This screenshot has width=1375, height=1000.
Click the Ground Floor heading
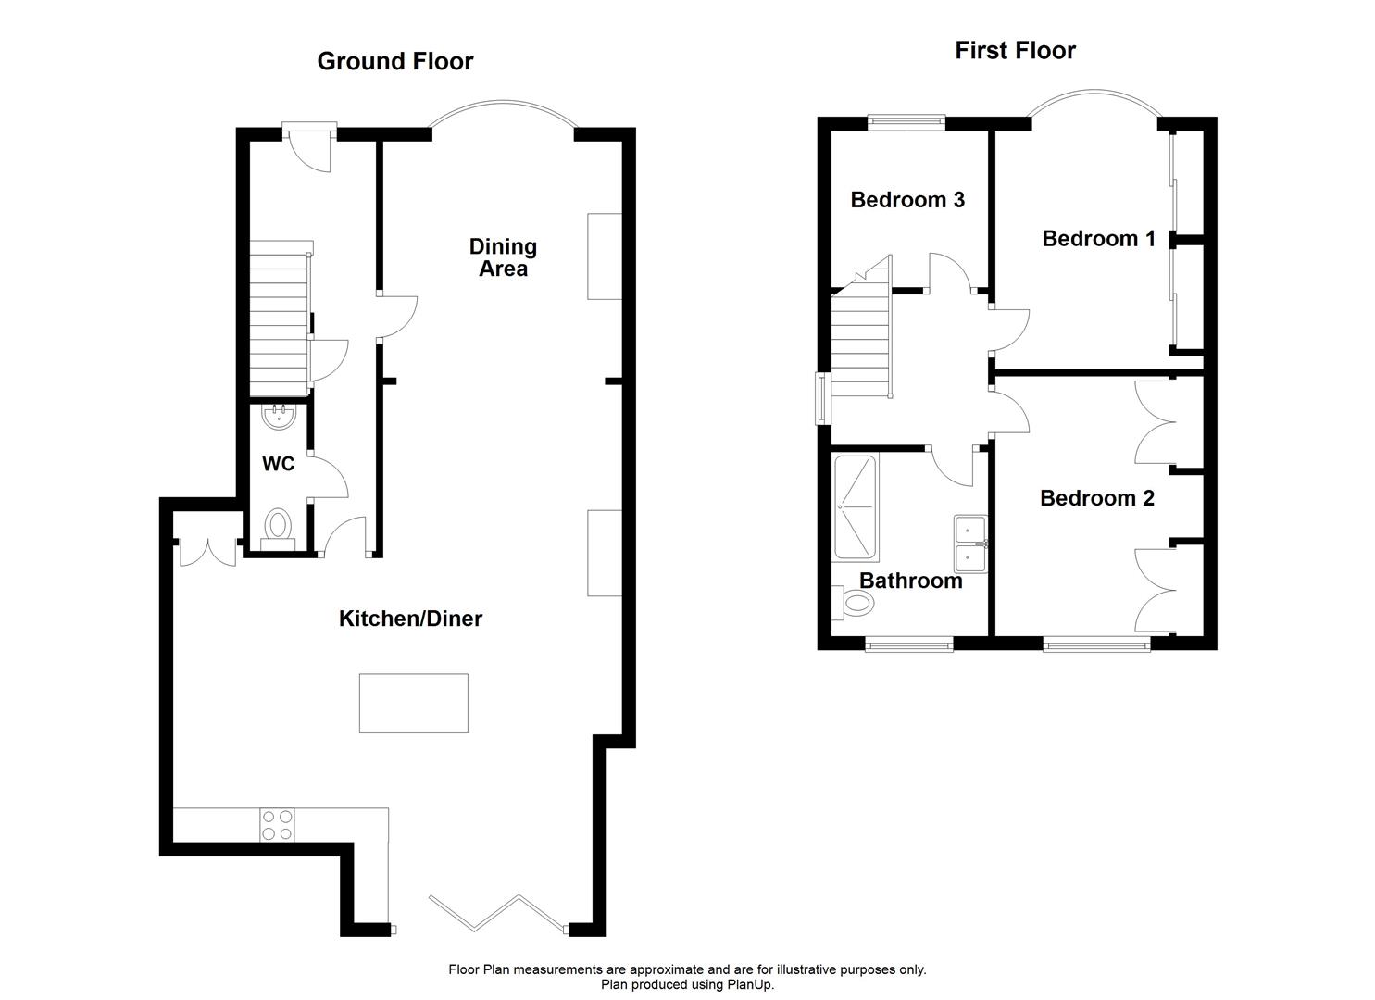(x=395, y=61)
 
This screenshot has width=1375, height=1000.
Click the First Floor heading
(x=1015, y=50)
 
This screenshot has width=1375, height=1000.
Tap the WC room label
(x=278, y=464)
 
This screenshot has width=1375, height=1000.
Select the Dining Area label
(x=503, y=257)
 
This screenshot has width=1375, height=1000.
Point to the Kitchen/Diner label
(x=410, y=619)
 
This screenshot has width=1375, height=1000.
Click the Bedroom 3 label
(x=907, y=199)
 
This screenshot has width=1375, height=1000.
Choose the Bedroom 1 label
(x=1098, y=239)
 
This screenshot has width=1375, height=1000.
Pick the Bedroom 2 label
(x=1097, y=498)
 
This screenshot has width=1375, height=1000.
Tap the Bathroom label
(x=910, y=581)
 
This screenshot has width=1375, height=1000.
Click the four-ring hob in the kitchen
(x=278, y=825)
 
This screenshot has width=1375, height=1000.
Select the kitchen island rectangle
(x=413, y=704)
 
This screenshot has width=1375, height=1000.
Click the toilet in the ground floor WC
(x=278, y=529)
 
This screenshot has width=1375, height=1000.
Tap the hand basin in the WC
(x=278, y=418)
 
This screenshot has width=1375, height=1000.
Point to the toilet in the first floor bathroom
(x=856, y=604)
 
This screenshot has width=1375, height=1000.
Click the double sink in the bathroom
(x=969, y=543)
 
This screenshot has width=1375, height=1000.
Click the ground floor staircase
(x=279, y=319)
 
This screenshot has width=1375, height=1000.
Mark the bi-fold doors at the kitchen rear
(x=497, y=911)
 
